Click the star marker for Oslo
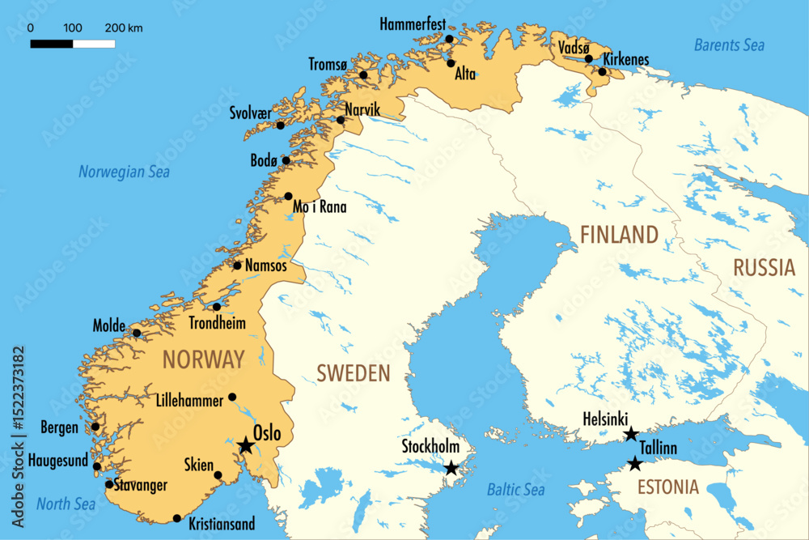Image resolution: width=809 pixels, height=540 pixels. pos(245,445)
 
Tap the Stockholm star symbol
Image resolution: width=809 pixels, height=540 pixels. pos(451,468)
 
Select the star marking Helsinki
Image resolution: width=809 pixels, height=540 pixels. pos(630,435)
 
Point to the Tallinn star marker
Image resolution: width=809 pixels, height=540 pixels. pos(635,464)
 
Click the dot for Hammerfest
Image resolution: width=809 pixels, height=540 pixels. pos(450,39)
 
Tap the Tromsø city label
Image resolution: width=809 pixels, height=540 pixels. pos(328,64)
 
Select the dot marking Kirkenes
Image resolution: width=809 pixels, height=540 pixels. pos(602,72)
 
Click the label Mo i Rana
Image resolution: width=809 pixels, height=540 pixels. pos(320,207)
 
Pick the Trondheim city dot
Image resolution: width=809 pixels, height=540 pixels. pos(217,307)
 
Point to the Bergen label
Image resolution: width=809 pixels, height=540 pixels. pos(60,427)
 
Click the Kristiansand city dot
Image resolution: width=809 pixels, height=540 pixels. pos(177,518)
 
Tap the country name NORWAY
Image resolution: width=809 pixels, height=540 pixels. pos(203,359)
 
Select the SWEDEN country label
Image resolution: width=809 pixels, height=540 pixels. pos(353,373)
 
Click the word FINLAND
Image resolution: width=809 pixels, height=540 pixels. pos(619,236)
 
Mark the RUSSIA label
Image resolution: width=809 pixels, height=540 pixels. pos(764,268)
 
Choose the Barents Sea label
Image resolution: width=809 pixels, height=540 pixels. pos(729,45)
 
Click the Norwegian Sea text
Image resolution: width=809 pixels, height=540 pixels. pos(124,172)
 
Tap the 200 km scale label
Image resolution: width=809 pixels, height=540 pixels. pos(124,28)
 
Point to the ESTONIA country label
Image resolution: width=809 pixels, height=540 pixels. pos(667,487)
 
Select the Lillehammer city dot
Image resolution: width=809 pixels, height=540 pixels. pos(232,397)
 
